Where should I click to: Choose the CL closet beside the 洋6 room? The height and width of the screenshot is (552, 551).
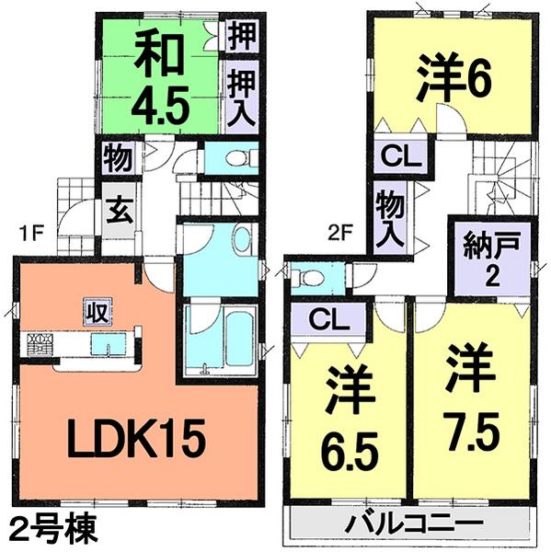point(397,155)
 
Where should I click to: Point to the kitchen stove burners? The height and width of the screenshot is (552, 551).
point(39,344)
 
